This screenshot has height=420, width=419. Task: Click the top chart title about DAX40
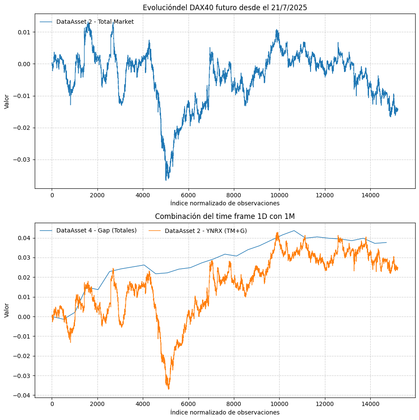tap(225, 7)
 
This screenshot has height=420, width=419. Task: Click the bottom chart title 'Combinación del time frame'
tap(225, 216)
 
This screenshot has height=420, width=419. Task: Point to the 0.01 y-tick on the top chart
tap(24, 32)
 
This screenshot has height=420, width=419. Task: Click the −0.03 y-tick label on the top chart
tap(22, 160)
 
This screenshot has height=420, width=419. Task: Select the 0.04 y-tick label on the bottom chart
tap(24, 238)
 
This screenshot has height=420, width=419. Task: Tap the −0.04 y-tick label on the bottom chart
tap(22, 395)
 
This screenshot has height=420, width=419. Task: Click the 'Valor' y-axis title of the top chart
tap(6, 101)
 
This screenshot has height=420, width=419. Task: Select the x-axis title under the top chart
tap(225, 203)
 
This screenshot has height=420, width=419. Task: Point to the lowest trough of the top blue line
tap(166, 180)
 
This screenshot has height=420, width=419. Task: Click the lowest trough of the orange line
tap(168, 389)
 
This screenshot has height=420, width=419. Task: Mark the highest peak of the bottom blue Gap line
tap(294, 230)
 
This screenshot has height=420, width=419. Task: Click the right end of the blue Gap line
tap(386, 242)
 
